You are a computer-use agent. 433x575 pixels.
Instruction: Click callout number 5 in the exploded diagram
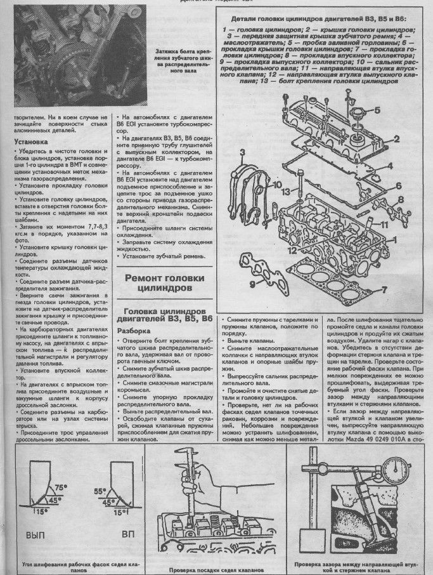pyautogui.click(x=377, y=110)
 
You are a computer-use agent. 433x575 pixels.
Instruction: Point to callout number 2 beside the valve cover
pyautogui.click(x=394, y=138)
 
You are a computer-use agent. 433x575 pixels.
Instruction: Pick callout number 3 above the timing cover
pyautogui.click(x=242, y=152)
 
